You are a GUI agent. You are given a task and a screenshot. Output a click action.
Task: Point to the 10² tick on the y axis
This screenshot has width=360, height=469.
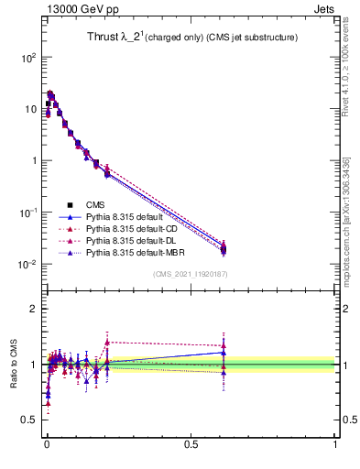tap(27, 57)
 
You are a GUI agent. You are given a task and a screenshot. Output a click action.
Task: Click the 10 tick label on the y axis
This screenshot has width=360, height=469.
tap(29, 109)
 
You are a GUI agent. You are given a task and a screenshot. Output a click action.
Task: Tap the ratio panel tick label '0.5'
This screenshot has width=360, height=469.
tap(29, 420)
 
